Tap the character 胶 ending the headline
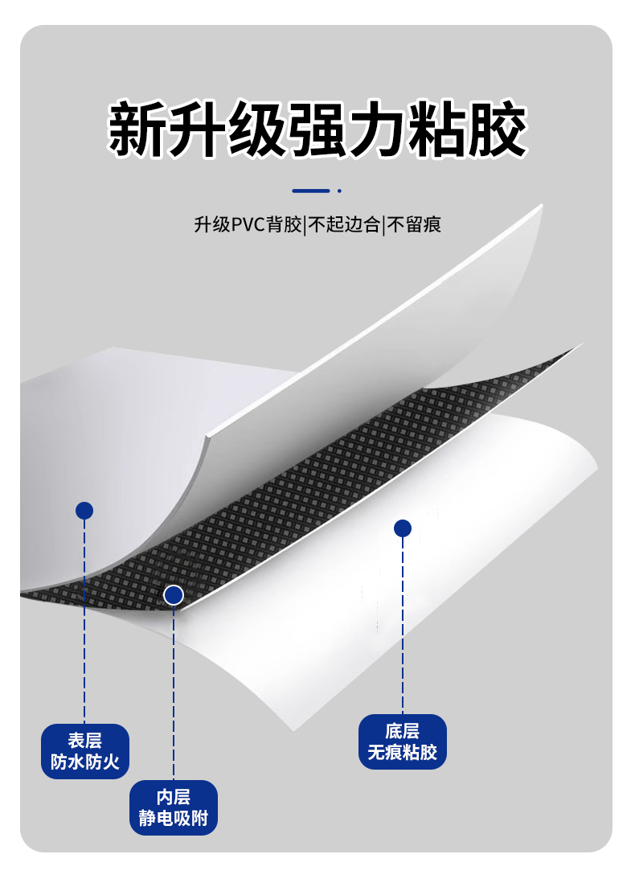click(x=497, y=129)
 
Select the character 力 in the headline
click(x=376, y=129)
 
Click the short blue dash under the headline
click(x=311, y=191)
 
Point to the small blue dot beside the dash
click(x=339, y=191)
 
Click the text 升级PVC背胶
click(x=248, y=224)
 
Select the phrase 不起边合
click(x=344, y=224)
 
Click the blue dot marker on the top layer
click(x=84, y=511)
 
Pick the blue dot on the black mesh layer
click(x=174, y=595)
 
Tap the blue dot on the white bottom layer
click(x=403, y=528)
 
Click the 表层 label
click(x=85, y=741)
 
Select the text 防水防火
click(x=85, y=762)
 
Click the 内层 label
click(x=174, y=797)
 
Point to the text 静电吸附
click(x=174, y=819)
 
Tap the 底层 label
click(x=402, y=731)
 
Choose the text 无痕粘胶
click(x=402, y=753)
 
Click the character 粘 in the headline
click(x=436, y=129)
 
